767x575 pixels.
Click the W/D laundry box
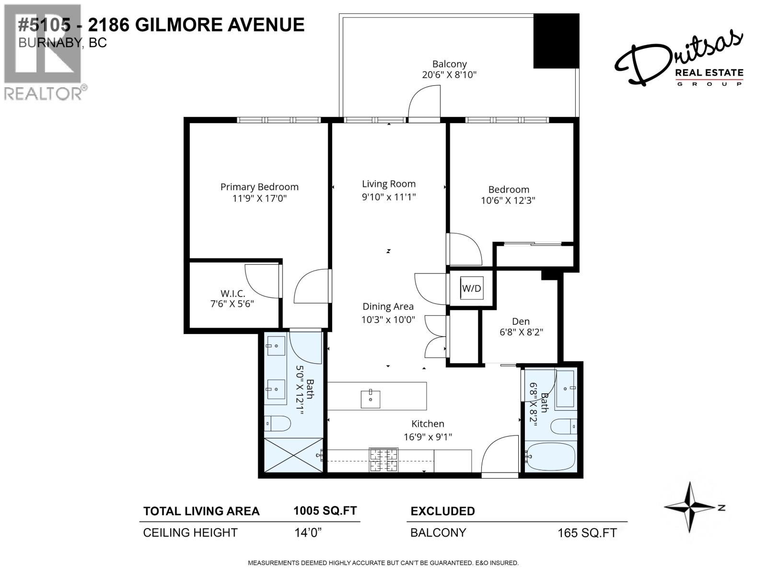pos(471,288)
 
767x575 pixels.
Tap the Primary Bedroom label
pos(259,187)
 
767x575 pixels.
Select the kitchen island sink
pos(370,399)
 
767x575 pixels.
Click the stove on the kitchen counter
pos(383,460)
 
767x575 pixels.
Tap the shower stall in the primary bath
pos(293,455)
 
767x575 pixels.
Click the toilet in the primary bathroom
pos(278,424)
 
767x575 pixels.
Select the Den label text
pos(521,322)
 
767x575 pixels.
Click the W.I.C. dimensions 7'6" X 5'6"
pos(232,304)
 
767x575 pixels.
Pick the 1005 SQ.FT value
pos(325,511)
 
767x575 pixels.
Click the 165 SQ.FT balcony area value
pos(587,533)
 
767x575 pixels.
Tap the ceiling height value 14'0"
pos(307,532)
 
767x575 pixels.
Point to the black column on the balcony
pos(556,41)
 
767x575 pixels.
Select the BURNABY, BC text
pos(62,43)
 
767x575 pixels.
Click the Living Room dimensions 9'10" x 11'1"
pos(389,196)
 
